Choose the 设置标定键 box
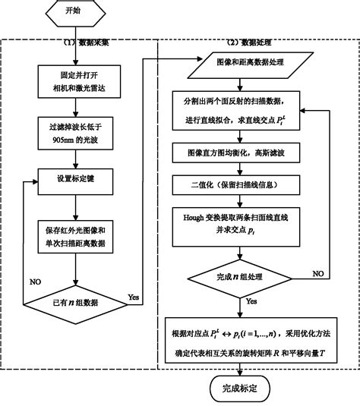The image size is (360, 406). pyautogui.click(x=74, y=180)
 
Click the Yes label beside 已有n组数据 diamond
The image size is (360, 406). pyautogui.click(x=134, y=297)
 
